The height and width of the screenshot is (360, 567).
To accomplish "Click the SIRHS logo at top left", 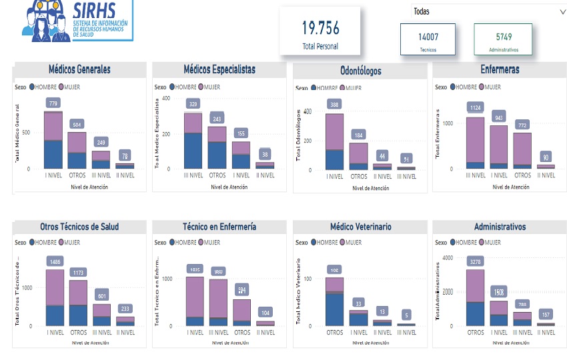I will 77,21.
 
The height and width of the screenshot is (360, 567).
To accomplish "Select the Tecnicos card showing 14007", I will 428,39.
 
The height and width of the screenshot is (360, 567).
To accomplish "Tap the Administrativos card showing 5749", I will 503,39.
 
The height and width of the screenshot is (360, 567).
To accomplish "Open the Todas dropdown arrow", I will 562,12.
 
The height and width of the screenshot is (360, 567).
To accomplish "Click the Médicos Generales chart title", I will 79,69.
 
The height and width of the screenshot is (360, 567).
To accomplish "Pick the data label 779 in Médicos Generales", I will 53,103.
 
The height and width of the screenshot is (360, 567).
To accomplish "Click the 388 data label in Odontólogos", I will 335,105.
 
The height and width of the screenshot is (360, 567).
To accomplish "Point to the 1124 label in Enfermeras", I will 475,108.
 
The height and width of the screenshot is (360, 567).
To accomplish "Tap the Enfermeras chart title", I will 500,69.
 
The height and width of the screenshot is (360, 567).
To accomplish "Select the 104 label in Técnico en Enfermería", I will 265,313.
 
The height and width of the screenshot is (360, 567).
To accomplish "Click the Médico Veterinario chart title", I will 360,227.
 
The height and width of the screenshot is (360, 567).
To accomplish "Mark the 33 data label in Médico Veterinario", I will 359,303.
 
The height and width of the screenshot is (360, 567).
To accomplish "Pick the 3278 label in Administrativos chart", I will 475,262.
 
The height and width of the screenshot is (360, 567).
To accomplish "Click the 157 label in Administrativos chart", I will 546,315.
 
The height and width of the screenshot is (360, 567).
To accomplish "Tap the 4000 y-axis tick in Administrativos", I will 448,258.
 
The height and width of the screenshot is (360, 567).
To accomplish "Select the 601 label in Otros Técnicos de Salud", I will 101,297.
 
